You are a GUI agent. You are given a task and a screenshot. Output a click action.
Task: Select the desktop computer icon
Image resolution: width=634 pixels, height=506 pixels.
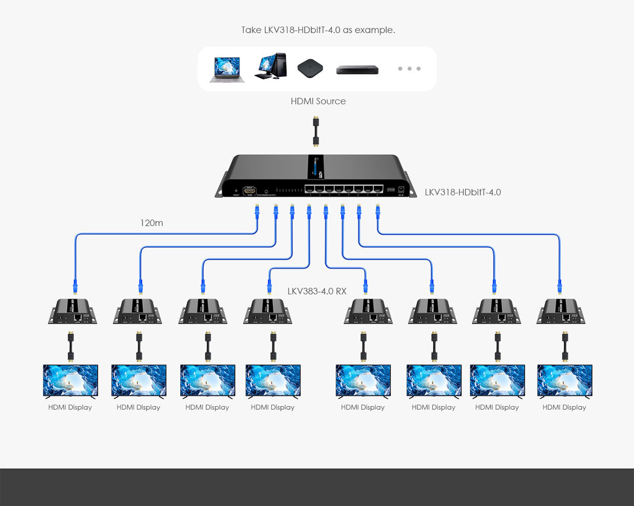pos(270,66)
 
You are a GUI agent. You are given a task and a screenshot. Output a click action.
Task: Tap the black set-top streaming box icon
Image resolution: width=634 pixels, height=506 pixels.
pos(310,68)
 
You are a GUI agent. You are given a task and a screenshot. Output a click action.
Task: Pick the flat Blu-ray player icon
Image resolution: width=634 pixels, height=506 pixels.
pos(357,70)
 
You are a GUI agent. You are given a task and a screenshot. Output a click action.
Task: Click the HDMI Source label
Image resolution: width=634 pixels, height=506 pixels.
pos(318,101)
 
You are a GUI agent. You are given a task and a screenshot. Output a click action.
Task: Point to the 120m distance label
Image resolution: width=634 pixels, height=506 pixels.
pos(152,223)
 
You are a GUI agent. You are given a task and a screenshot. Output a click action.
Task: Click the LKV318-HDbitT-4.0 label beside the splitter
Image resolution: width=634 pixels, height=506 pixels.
pos(462,192)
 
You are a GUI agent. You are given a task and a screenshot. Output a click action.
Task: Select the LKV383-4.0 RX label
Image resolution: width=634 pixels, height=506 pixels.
pos(316,291)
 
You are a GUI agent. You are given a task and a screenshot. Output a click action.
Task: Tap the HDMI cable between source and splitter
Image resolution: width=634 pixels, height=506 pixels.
pos(316,131)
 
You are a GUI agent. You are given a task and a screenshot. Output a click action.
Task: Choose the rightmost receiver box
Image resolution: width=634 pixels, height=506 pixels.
pos(561,312)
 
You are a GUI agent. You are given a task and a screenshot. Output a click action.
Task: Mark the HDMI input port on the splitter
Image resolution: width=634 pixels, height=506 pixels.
pos(249,190)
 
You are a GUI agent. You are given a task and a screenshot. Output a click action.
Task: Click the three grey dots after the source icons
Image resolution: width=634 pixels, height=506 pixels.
pos(409,69)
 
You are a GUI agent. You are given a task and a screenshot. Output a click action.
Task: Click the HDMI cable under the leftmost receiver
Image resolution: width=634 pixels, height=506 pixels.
pos(71,346)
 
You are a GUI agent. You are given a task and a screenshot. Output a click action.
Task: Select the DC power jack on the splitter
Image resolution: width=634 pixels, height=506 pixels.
pos(401,189)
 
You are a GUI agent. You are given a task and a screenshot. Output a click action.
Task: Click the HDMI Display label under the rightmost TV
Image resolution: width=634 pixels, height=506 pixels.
pos(564,407)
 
